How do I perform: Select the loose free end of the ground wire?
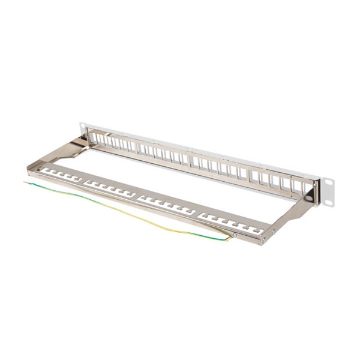[x=26, y=182]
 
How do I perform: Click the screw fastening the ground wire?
[x=235, y=235]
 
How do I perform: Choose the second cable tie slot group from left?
[x=112, y=189]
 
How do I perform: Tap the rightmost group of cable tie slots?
[x=231, y=223]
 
